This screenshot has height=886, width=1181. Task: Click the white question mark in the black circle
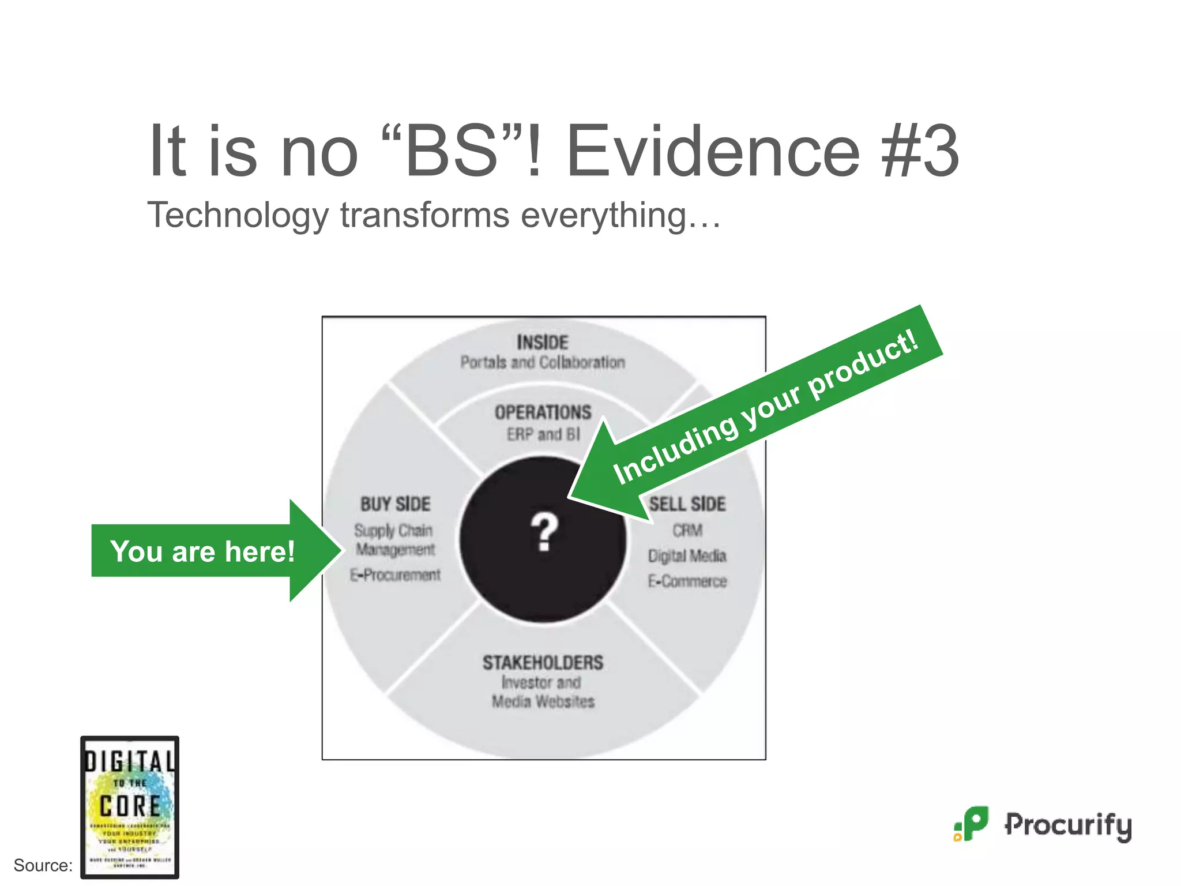point(544,532)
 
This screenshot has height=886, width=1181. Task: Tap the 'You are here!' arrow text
point(202,551)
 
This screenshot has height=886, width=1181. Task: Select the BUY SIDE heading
point(396,504)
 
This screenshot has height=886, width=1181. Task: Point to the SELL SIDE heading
point(687,504)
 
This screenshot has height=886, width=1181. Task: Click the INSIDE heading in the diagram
point(543,343)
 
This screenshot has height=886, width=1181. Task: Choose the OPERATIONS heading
point(543,412)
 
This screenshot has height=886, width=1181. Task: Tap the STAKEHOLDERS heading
point(543,663)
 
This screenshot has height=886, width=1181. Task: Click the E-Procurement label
point(396,575)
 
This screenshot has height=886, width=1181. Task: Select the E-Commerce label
point(687,581)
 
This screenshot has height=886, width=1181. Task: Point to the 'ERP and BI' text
point(543,434)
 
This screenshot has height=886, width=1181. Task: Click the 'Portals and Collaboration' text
point(543,362)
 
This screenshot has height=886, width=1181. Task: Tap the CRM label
point(687,530)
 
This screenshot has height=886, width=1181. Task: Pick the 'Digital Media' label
point(687,555)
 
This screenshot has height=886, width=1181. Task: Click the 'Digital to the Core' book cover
point(130,807)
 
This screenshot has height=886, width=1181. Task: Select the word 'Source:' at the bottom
point(43,865)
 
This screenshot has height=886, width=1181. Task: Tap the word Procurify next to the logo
point(1069,825)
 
